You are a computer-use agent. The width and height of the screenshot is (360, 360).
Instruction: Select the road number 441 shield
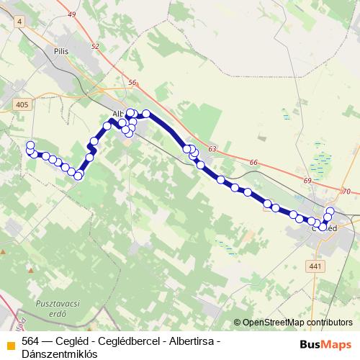(314, 266)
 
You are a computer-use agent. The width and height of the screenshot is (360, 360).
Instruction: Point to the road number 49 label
(71, 14)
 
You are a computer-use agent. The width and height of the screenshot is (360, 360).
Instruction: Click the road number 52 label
(95, 46)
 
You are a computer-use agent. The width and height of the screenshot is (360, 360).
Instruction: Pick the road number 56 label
(131, 83)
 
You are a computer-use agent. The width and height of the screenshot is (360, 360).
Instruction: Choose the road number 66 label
(253, 163)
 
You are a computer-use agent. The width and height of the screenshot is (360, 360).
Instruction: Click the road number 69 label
(307, 180)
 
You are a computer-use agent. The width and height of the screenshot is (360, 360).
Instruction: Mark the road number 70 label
(346, 192)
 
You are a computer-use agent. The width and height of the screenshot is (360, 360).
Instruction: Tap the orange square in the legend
(11, 342)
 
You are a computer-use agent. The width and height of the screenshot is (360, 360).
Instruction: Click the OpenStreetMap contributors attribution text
(297, 323)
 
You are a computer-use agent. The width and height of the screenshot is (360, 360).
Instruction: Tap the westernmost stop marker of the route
(30, 145)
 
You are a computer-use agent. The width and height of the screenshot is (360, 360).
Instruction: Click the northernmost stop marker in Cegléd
(330, 211)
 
